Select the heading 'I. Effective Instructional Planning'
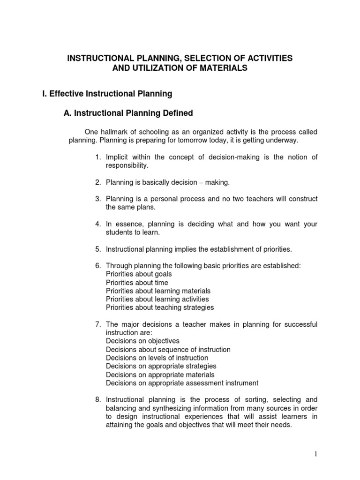point(107,94)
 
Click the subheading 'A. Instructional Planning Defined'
point(128,113)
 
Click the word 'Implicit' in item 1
point(119,157)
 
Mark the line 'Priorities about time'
point(137,282)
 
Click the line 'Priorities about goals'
point(139,274)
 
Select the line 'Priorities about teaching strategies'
point(160,307)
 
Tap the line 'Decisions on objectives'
point(142,341)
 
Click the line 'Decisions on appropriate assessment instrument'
point(182,383)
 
